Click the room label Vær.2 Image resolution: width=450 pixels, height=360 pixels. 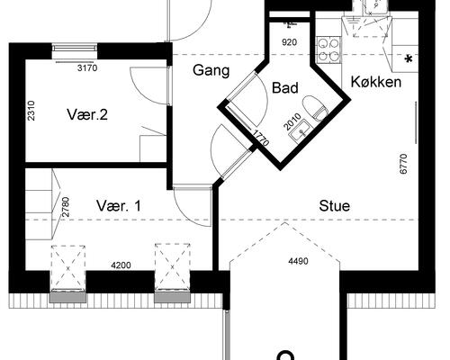tap(87, 114)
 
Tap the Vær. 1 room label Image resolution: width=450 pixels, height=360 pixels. tap(119, 206)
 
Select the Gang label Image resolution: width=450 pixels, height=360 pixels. tap(211, 71)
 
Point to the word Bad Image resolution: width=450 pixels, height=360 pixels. tap(285, 88)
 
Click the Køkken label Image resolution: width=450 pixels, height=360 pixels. tap(376, 82)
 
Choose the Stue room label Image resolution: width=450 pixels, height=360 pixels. tap(335, 206)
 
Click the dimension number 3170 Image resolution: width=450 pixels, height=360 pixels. tap(87, 68)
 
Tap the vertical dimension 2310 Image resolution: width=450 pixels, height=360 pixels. tap(31, 111)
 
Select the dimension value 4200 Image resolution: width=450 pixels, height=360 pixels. tap(121, 265)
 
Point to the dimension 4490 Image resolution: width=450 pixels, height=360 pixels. tap(298, 261)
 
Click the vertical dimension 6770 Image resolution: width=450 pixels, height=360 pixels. tap(404, 164)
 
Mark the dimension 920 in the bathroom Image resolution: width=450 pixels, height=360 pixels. tap(290, 42)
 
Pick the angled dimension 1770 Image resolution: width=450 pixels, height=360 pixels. tap(261, 138)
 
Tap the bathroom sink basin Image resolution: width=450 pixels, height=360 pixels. tap(301, 130)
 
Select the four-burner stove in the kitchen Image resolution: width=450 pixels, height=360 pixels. tap(329, 49)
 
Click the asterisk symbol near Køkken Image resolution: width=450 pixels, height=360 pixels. tap(409, 59)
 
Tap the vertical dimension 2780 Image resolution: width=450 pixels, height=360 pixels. tap(66, 207)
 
